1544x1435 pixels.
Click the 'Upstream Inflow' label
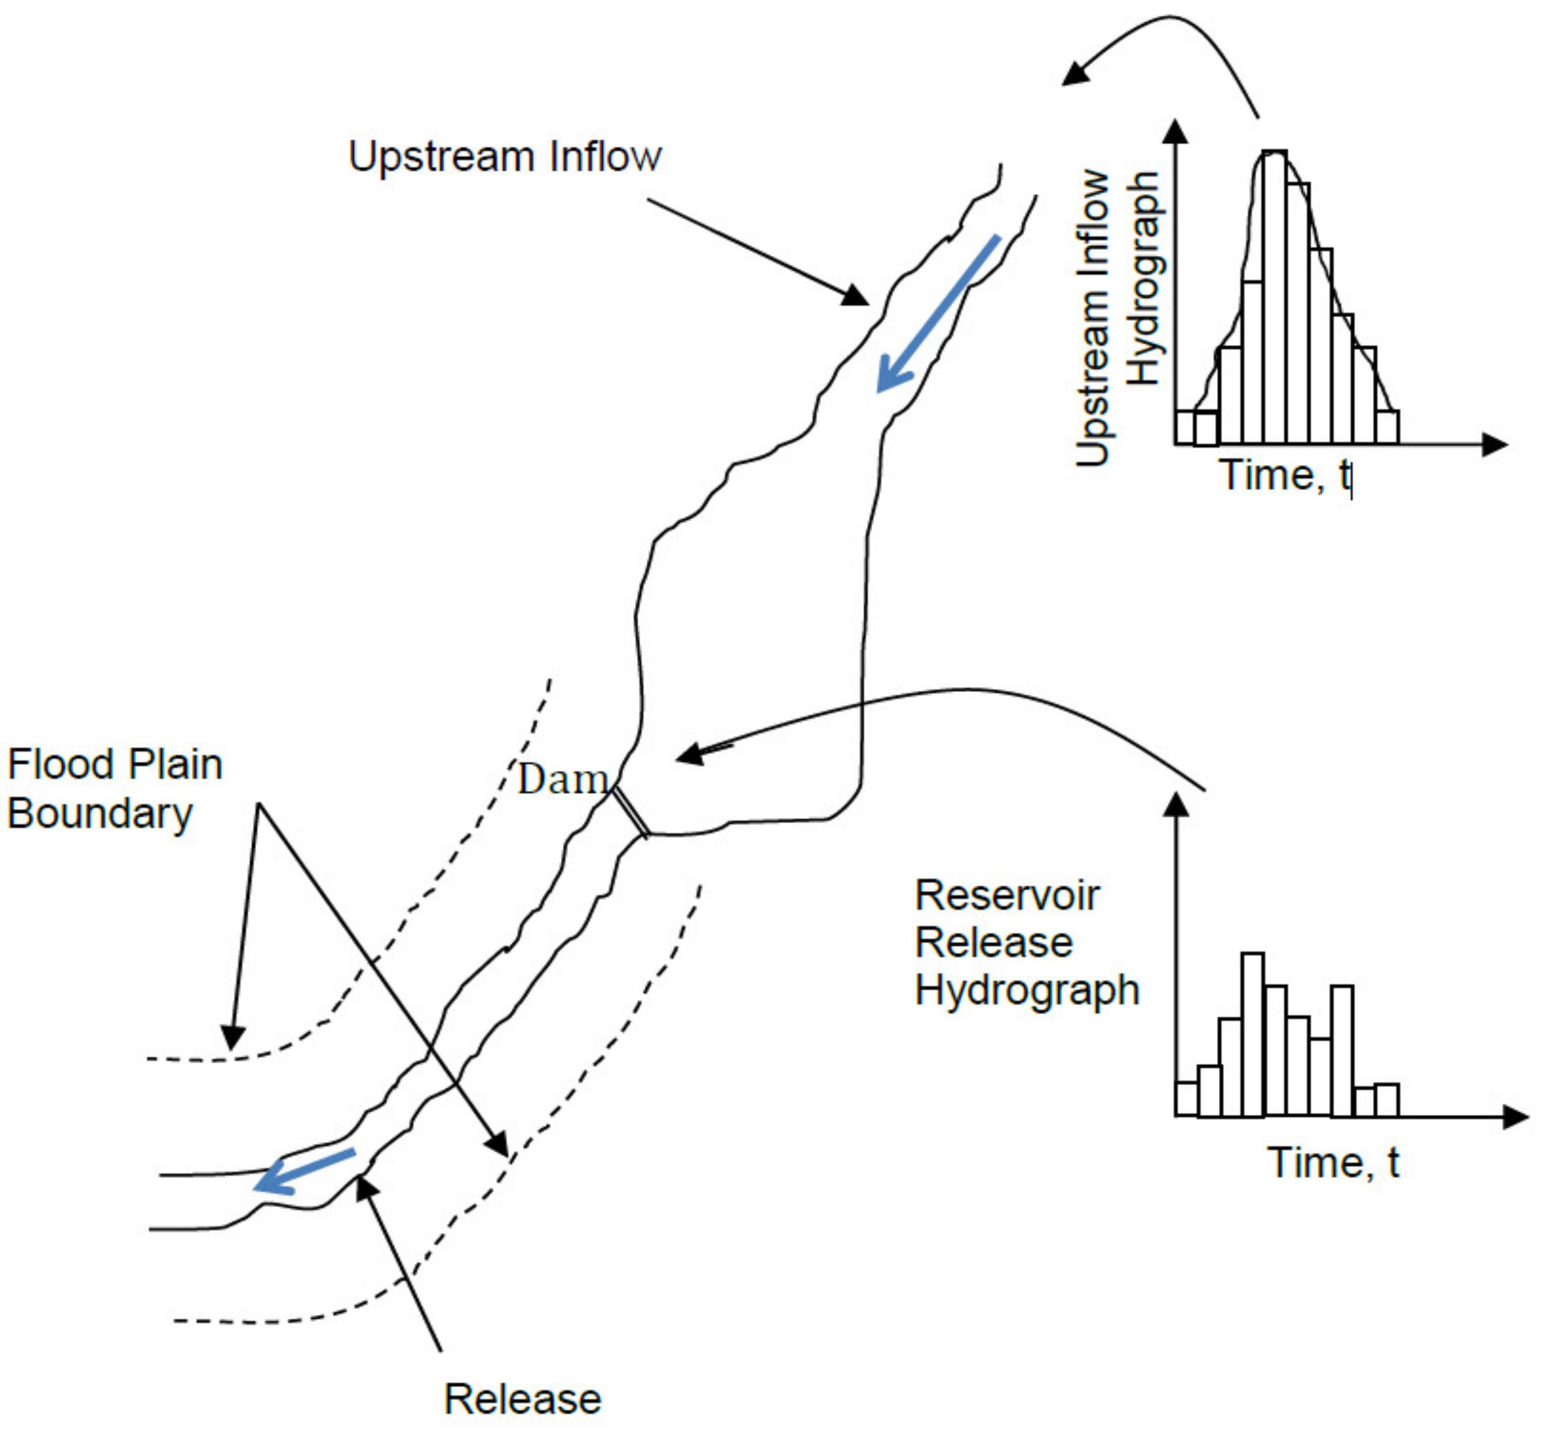point(504,157)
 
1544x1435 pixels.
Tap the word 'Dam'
point(562,780)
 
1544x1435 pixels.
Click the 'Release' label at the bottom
point(522,1400)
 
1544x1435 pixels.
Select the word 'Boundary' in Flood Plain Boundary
point(99,814)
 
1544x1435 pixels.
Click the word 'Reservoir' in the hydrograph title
point(1006,895)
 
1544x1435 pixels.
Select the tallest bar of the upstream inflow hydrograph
point(1274,295)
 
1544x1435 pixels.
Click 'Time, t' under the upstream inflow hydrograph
point(1285,475)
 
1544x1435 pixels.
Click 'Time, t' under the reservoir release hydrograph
point(1333,1163)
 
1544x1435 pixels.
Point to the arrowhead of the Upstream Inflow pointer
point(857,297)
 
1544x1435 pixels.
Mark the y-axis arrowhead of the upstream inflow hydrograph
point(1176,131)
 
